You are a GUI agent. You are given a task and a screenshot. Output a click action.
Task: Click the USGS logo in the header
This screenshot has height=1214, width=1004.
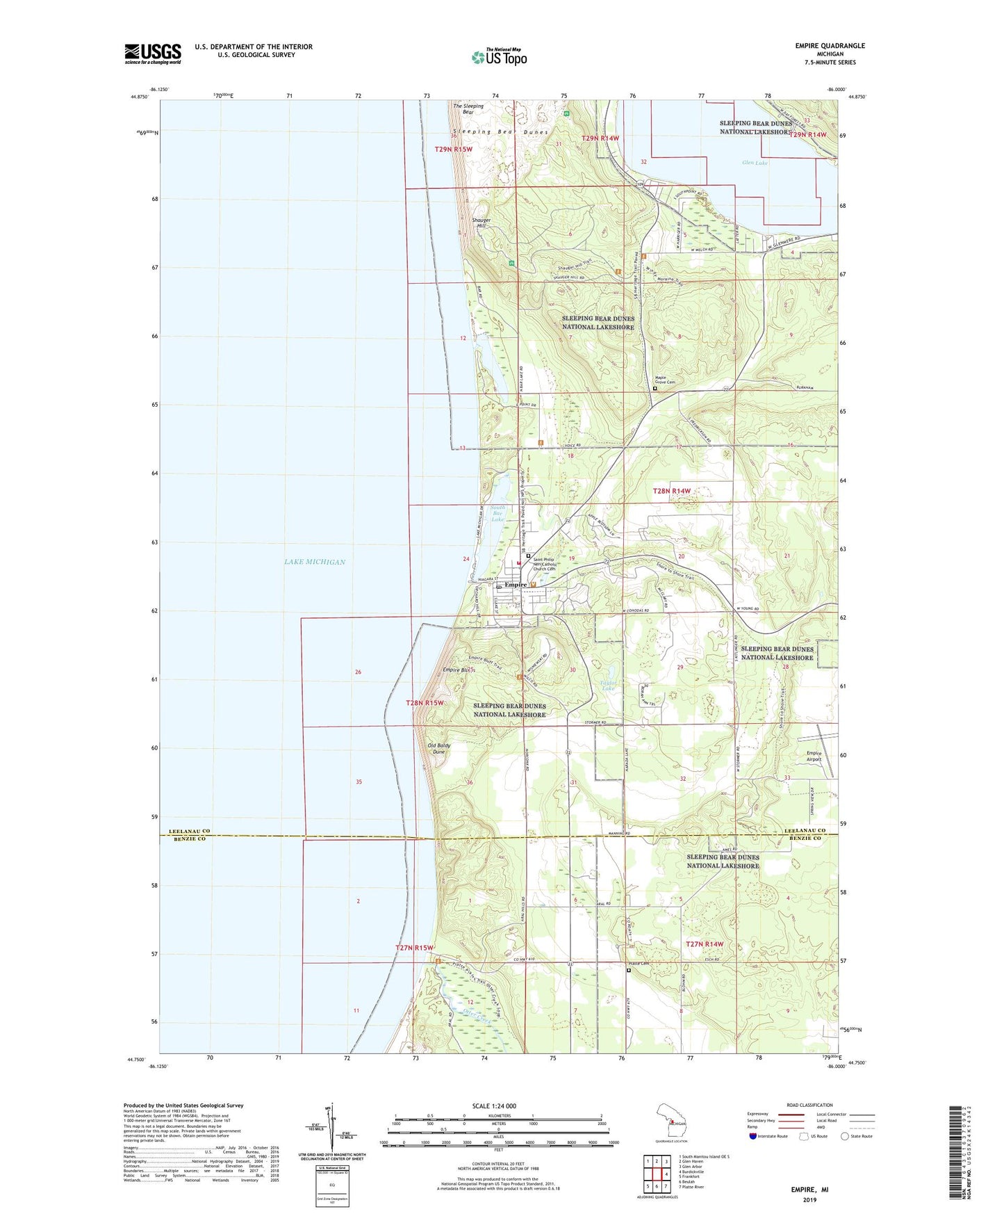[153, 54]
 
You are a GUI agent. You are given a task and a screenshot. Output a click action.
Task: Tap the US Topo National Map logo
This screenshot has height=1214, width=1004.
[499, 57]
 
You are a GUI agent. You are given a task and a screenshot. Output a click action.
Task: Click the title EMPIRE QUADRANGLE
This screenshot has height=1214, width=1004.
[830, 46]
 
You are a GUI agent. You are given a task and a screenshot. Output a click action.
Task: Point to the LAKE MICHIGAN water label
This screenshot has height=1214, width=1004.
[314, 562]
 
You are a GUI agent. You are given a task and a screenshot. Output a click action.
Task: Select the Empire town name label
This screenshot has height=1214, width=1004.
[516, 585]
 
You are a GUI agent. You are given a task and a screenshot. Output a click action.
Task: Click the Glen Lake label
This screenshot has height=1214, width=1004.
[755, 163]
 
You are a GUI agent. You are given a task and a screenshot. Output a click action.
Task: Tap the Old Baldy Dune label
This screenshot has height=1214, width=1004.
[439, 749]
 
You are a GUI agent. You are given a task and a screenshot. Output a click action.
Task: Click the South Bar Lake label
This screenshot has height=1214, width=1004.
[497, 513]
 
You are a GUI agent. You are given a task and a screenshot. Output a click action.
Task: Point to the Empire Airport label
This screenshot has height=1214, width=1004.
[814, 756]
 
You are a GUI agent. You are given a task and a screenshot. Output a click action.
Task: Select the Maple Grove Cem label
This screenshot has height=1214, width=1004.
[665, 380]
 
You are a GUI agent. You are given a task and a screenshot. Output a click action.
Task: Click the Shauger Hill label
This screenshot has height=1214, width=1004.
[482, 223]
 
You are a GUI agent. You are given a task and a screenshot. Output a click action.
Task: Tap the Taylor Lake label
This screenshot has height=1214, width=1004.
[608, 686]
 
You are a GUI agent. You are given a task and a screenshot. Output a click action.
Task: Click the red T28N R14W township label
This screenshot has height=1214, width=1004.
[672, 491]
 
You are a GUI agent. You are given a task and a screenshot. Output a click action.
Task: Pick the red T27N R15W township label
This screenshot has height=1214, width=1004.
[414, 948]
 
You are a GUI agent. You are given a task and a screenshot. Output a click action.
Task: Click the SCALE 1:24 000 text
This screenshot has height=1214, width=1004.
[494, 1106]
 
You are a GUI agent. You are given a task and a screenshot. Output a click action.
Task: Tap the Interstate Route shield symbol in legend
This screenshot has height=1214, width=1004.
[753, 1136]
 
